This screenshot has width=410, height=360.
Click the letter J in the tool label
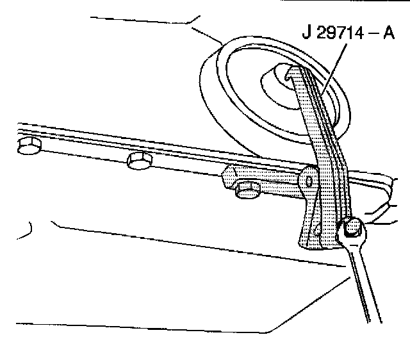305,33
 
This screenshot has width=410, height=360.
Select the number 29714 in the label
336,33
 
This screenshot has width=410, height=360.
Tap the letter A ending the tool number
388,33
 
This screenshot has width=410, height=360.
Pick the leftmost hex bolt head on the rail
28,147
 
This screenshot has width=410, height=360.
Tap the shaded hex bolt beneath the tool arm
245,190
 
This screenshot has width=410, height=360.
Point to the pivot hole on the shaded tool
310,181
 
